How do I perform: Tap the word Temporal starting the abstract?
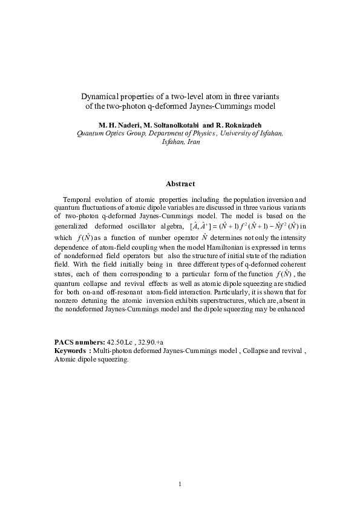click(x=79, y=199)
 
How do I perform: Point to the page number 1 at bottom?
click(x=180, y=484)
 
